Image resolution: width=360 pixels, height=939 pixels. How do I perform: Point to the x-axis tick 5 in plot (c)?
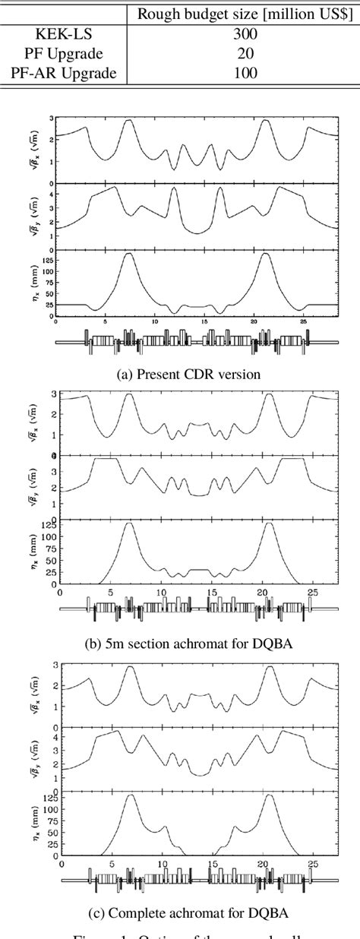[x=111, y=863]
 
